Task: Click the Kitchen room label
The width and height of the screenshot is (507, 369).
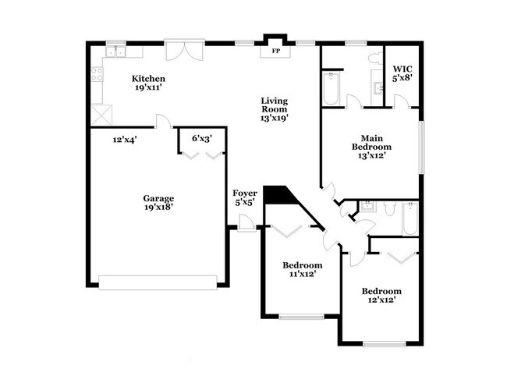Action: point(147,78)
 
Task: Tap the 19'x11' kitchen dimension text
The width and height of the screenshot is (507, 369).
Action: point(147,88)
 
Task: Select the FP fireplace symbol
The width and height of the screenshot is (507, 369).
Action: point(275,51)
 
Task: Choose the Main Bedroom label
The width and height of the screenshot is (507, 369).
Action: point(371,141)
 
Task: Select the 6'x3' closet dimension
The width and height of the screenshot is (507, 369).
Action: point(202,138)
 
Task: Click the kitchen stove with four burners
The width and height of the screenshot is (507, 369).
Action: point(97,75)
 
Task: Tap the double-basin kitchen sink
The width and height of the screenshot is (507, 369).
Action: point(117,52)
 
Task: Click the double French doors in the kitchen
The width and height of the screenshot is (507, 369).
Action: point(187,50)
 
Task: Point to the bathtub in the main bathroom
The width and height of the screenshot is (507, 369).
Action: point(329,88)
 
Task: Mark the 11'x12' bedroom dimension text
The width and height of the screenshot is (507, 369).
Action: point(302,275)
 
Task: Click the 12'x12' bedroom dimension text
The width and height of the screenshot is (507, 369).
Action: point(381,301)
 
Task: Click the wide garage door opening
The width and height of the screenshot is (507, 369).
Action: point(158,282)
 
